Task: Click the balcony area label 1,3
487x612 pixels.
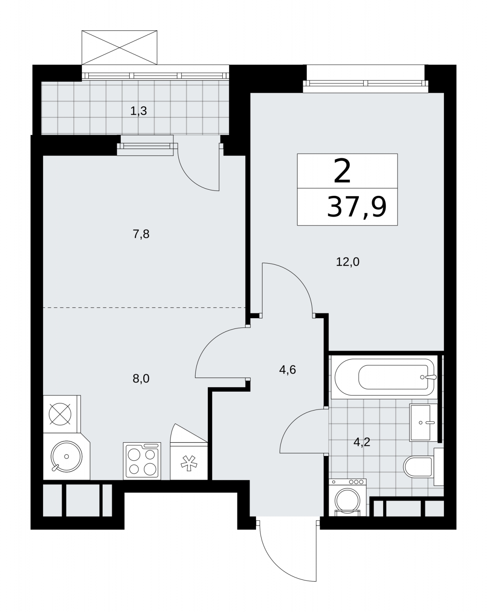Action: pyautogui.click(x=139, y=111)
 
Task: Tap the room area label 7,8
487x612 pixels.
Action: pyautogui.click(x=141, y=234)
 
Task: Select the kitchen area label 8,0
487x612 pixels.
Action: pyautogui.click(x=141, y=379)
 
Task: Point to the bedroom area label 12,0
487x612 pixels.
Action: pyautogui.click(x=348, y=262)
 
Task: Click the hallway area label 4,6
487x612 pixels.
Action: pyautogui.click(x=287, y=370)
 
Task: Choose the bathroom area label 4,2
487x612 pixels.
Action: pyautogui.click(x=362, y=442)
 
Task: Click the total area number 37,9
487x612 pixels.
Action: pyautogui.click(x=357, y=207)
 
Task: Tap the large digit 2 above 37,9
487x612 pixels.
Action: pyautogui.click(x=342, y=171)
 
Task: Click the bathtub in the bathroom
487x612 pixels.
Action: pyautogui.click(x=385, y=377)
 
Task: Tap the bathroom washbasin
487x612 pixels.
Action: pyautogui.click(x=423, y=422)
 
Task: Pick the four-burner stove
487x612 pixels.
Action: pyautogui.click(x=142, y=461)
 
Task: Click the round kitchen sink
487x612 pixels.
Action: pyautogui.click(x=66, y=456)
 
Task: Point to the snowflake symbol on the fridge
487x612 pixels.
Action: pyautogui.click(x=189, y=463)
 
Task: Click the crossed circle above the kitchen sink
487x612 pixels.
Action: pyautogui.click(x=60, y=414)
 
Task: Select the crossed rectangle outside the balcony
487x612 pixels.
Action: pyautogui.click(x=119, y=47)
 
